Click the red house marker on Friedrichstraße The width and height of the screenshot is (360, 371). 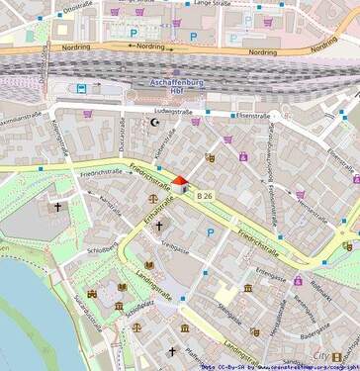pos(180,184)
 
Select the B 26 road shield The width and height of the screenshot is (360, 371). pos(205,198)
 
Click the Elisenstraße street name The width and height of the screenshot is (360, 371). pos(251,116)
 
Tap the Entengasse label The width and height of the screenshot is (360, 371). pos(270,268)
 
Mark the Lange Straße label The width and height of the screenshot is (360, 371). pos(212,4)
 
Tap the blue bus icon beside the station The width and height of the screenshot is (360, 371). pos(82,88)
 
